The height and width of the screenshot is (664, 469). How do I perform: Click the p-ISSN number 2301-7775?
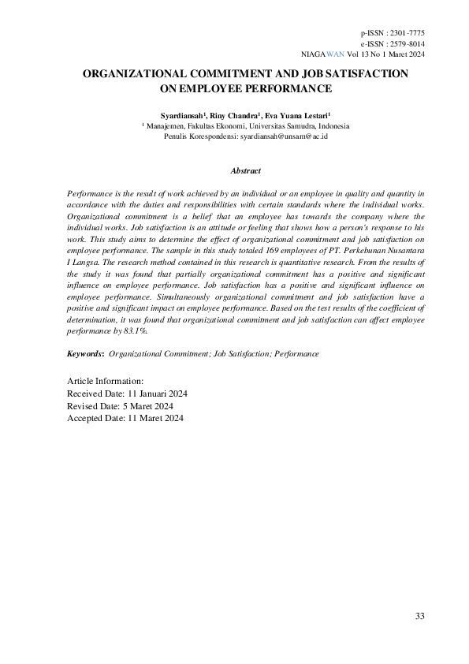tap(407, 33)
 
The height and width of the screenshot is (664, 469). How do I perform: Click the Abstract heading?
tap(245, 170)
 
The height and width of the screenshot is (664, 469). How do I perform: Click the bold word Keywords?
tap(85, 354)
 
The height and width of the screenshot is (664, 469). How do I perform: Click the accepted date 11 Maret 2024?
tap(155, 419)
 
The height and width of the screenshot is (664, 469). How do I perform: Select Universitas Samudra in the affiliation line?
tap(281, 126)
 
